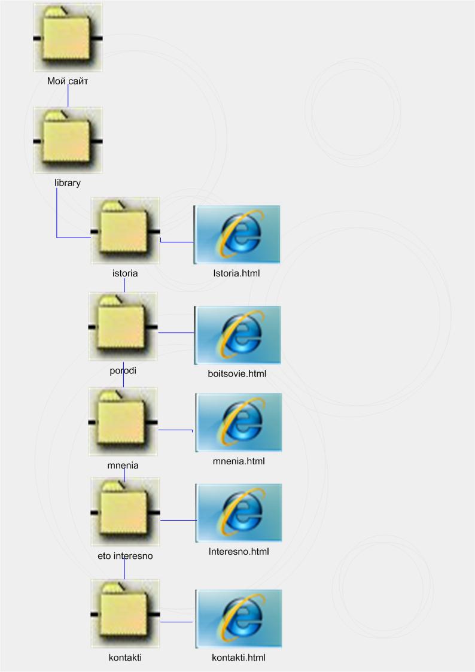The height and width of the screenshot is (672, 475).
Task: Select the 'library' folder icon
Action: (x=68, y=141)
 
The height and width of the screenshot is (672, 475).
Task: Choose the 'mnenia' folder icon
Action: (x=123, y=422)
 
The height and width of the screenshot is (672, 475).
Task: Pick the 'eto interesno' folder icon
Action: (x=125, y=512)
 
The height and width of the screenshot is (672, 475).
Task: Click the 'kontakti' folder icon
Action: (x=125, y=614)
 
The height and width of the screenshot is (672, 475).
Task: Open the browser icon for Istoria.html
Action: (x=237, y=234)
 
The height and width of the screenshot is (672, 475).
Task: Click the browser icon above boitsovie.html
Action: (x=237, y=335)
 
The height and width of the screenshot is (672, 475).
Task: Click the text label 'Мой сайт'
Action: (x=68, y=80)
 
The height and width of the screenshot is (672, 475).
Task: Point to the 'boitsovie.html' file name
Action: (x=237, y=374)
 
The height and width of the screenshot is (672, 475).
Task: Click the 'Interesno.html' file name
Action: (x=239, y=551)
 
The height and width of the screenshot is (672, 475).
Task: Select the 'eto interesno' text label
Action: (x=125, y=555)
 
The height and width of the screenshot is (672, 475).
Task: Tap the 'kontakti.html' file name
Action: (x=238, y=658)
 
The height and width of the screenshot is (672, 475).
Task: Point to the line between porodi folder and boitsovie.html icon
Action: (x=176, y=332)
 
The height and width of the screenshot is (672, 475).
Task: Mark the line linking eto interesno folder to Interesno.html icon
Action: (x=178, y=520)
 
